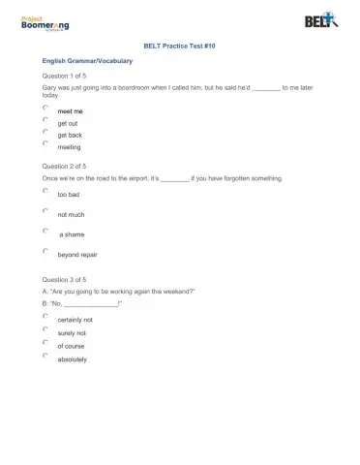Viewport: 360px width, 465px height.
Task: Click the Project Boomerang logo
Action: [x=47, y=22]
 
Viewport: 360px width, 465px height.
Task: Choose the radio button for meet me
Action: [x=45, y=108]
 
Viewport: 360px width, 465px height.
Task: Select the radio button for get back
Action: [x=45, y=133]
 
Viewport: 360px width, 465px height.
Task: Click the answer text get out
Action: [x=68, y=123]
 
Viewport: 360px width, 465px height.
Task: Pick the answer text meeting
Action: [x=70, y=147]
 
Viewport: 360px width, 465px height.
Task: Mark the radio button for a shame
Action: [x=45, y=232]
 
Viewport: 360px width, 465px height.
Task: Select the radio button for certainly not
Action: [x=45, y=316]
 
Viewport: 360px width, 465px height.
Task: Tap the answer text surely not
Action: [x=72, y=332]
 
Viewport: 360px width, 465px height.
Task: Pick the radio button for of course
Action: [x=45, y=342]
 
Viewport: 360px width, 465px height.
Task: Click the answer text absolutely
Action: [x=72, y=359]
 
